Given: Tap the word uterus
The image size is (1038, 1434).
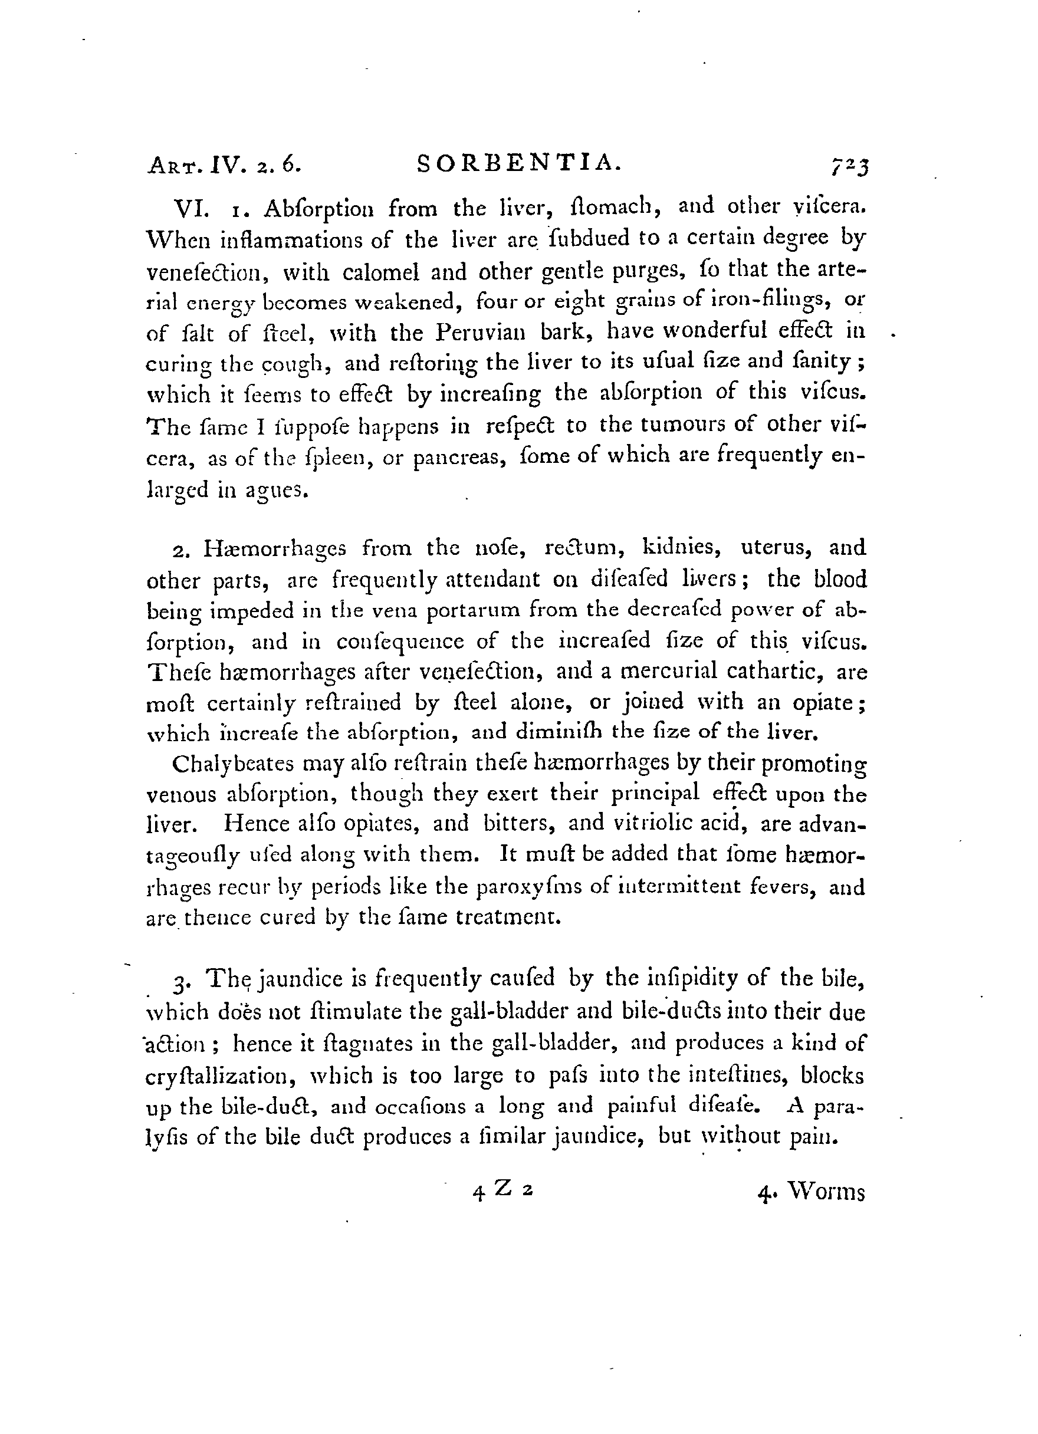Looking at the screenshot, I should coord(778,546).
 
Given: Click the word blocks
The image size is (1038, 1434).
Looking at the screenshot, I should coord(832,1075).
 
